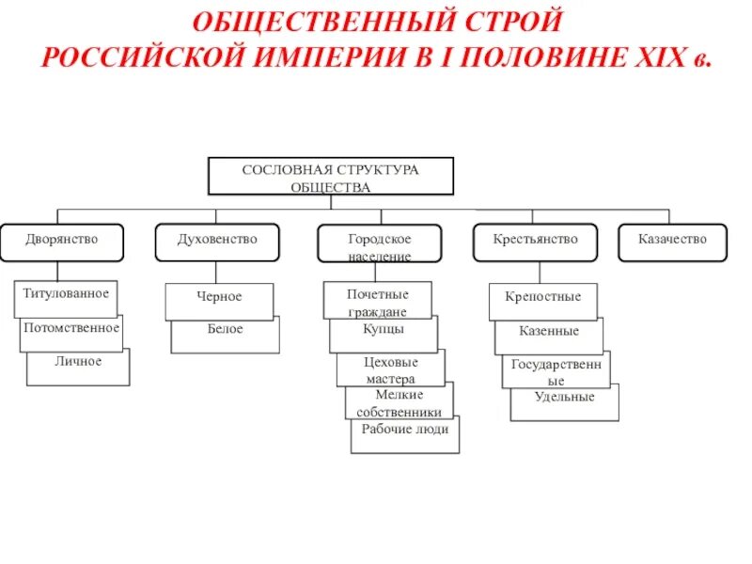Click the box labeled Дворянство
(62, 242)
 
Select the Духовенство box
(217, 242)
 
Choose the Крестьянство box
(535, 242)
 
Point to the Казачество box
(673, 242)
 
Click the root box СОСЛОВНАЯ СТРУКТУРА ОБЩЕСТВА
(330, 177)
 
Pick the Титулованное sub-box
(66, 294)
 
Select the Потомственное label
(71, 329)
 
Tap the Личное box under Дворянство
(78, 363)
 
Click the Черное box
(219, 298)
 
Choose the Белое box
(226, 331)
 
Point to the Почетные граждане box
(377, 301)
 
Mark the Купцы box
(384, 331)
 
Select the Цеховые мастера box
(390, 368)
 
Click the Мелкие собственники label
(399, 402)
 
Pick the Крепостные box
(543, 298)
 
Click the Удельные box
(565, 399)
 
